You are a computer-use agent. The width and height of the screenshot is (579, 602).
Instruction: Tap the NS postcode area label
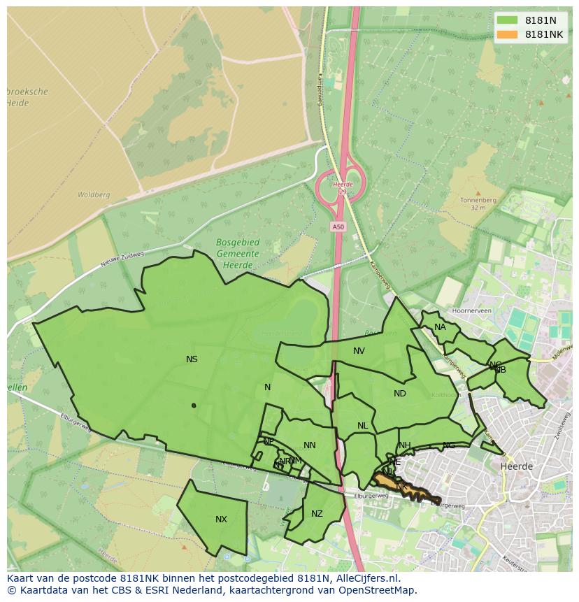click(x=192, y=359)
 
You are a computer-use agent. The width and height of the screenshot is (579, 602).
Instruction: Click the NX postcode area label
click(x=221, y=519)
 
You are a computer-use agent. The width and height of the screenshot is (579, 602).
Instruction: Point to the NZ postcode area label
click(x=317, y=514)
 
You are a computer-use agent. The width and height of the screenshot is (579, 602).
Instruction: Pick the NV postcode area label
click(x=359, y=351)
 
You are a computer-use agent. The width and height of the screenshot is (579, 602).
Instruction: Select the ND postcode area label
click(x=399, y=394)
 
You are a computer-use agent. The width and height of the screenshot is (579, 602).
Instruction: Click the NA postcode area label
click(x=440, y=327)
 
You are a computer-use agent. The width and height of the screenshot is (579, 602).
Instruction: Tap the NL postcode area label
click(x=362, y=426)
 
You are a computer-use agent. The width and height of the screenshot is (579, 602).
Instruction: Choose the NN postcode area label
click(x=310, y=445)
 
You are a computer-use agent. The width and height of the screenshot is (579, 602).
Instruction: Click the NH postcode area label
click(x=405, y=445)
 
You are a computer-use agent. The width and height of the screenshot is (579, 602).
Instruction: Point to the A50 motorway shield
click(x=338, y=227)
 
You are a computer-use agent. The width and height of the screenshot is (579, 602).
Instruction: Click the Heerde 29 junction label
click(x=342, y=188)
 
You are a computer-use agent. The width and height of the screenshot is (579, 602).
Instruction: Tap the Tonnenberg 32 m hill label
click(x=478, y=203)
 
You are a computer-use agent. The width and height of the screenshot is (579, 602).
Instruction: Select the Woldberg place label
click(x=94, y=195)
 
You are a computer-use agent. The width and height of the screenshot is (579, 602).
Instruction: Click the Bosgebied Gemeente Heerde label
click(x=237, y=254)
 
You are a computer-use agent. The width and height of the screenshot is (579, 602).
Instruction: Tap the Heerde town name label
click(x=517, y=466)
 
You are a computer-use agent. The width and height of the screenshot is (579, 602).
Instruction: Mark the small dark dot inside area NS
click(x=194, y=406)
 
